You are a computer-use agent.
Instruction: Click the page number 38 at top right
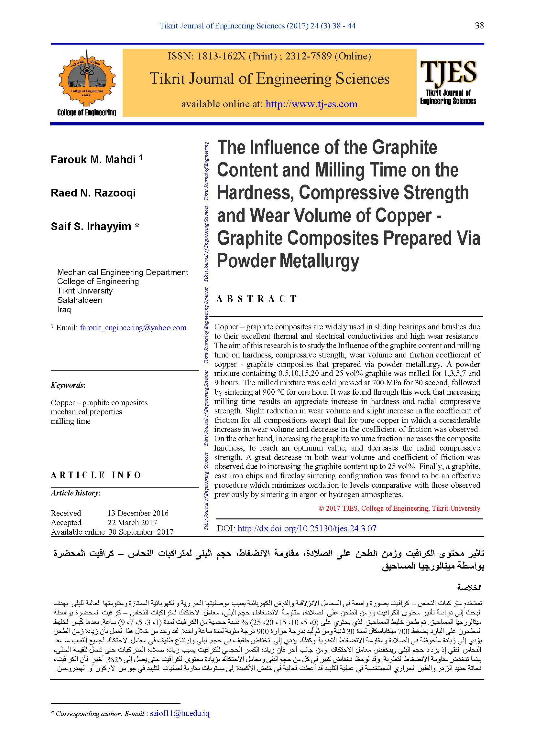pos(479,25)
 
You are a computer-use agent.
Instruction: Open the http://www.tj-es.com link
pos(311,104)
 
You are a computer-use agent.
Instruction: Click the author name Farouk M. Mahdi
pos(93,160)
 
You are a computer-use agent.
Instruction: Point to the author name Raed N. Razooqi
pos(93,193)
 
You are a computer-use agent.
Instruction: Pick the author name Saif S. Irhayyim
pos(91,227)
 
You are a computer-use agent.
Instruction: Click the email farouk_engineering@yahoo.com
pos(133,328)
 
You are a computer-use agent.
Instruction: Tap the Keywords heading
pos(68,385)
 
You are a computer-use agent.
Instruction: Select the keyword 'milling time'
pos(71,421)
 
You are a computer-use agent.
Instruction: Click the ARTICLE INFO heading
pos(95,475)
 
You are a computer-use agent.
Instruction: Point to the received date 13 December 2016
pos(138,513)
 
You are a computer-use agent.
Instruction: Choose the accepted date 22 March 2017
pos(132,522)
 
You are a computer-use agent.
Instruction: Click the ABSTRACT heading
pos(256,299)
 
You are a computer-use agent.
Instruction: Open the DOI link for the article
pos(307,528)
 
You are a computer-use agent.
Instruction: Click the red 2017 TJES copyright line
pos(399,508)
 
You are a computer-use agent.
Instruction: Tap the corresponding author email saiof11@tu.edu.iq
pos(180,713)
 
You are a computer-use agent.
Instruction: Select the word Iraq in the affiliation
pos(64,310)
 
